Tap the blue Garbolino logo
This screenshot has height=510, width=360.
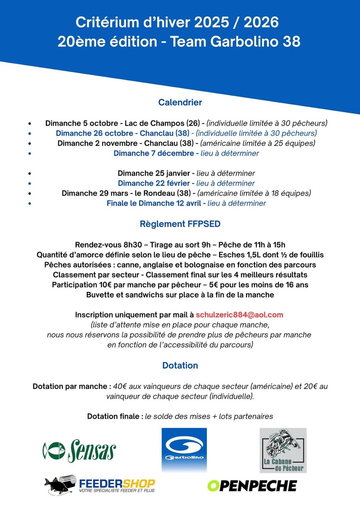184,450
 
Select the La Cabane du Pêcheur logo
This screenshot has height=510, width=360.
283,450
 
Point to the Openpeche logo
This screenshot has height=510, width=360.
252,485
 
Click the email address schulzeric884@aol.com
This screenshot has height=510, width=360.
239,315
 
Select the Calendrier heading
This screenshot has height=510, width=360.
180,102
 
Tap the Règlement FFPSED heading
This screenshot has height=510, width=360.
180,224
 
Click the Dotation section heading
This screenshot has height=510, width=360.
180,365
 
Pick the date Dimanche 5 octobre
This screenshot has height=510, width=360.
82,123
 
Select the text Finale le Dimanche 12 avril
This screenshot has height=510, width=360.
153,203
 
